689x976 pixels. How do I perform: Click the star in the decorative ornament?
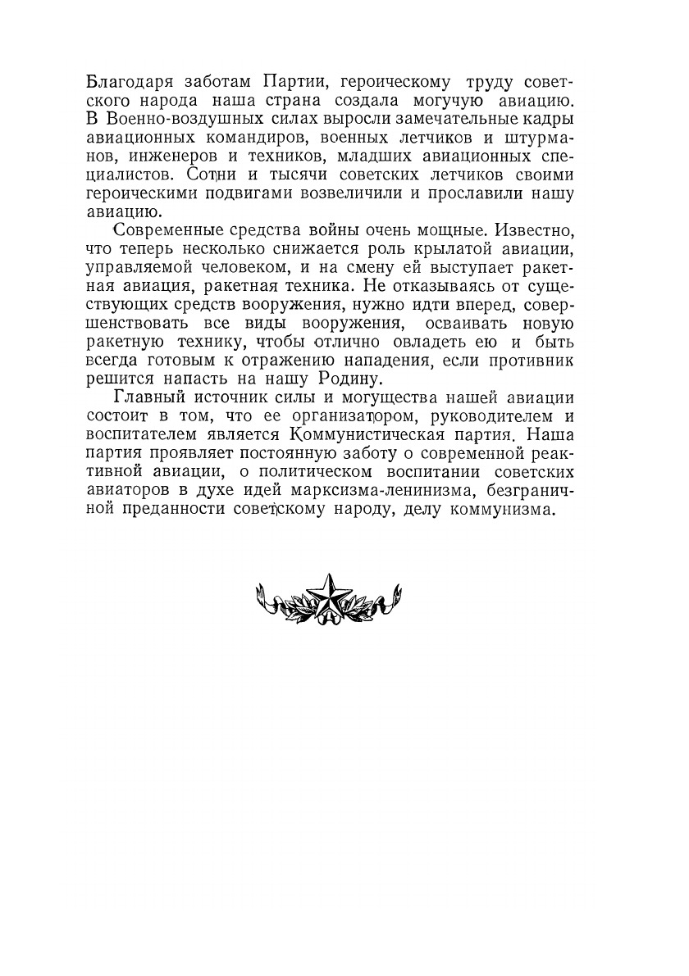(329, 596)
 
